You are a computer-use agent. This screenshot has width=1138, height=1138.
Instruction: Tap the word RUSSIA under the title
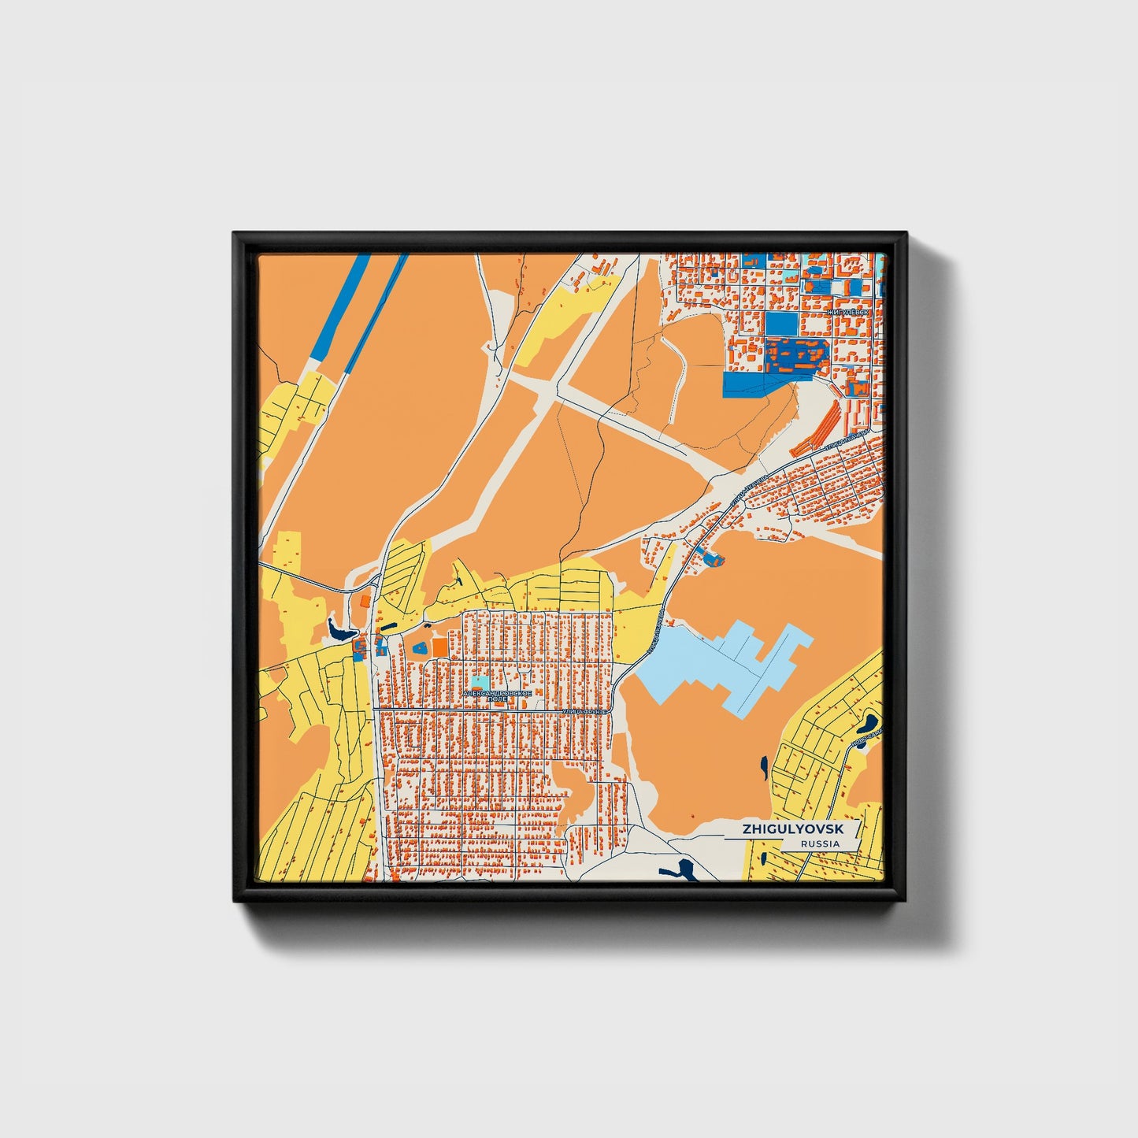point(820,844)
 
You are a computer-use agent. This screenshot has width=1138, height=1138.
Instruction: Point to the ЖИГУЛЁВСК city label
point(848,313)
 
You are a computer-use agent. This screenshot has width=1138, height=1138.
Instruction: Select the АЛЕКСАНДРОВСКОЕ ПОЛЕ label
point(498,695)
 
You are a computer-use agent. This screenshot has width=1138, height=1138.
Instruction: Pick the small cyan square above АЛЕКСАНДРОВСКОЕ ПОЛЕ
point(480,681)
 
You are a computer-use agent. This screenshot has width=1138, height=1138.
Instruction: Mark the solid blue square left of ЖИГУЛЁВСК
point(780,324)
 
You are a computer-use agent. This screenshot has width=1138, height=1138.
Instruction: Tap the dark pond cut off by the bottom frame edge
point(678,870)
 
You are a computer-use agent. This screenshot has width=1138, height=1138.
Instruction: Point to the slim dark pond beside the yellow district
point(764,766)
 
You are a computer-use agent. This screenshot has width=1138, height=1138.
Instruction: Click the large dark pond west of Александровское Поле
point(340,631)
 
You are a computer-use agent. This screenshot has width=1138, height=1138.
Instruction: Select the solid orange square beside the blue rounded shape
point(439,647)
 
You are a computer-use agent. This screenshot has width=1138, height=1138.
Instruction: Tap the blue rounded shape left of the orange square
point(420,647)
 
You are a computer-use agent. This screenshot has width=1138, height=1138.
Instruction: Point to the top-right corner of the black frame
point(905,234)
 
